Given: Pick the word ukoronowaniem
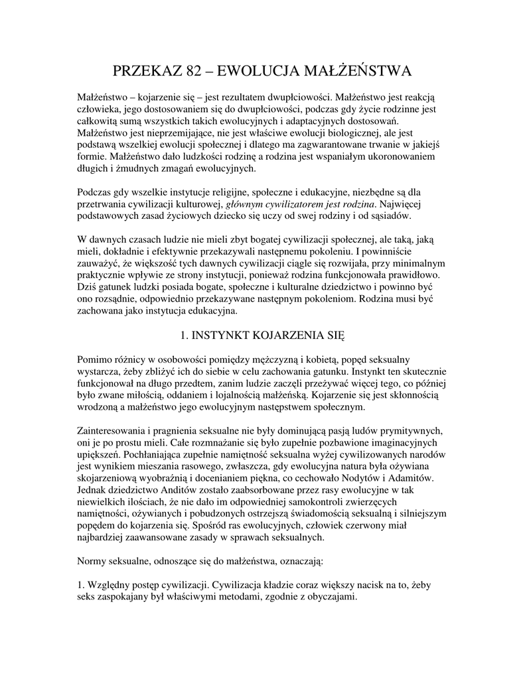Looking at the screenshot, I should pyautogui.click(x=398, y=156).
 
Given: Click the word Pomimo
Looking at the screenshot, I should pyautogui.click(x=95, y=359).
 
